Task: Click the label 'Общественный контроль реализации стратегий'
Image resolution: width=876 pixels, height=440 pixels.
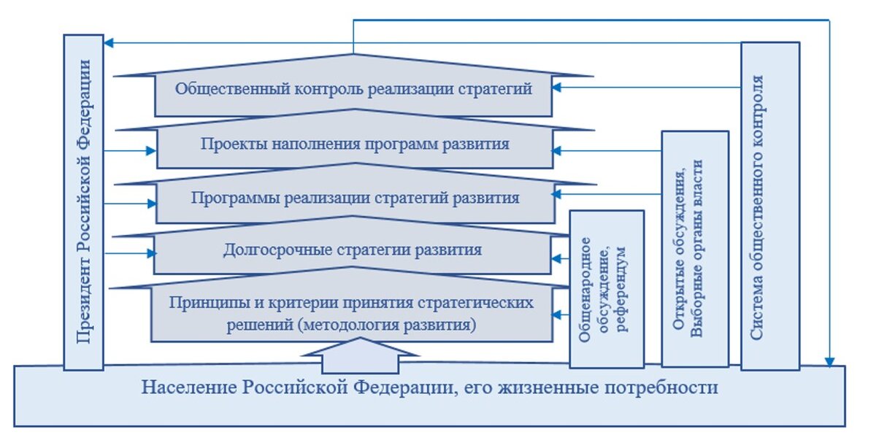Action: tap(353, 89)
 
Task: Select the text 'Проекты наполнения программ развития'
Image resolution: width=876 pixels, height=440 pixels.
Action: tap(355, 144)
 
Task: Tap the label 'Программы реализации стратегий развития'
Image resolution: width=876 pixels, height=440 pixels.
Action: tap(355, 198)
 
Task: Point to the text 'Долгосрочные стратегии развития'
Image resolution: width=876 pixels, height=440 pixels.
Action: tap(353, 250)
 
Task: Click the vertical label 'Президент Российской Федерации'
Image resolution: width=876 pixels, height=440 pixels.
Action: tap(83, 201)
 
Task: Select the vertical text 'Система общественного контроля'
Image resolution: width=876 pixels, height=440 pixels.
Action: tap(757, 207)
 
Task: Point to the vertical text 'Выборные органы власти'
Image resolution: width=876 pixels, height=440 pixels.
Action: tap(696, 248)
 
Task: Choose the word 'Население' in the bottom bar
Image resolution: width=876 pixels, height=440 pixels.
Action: tap(189, 387)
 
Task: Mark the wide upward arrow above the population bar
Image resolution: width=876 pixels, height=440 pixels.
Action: tap(361, 355)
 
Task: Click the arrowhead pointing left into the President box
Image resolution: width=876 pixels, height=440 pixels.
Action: tap(108, 42)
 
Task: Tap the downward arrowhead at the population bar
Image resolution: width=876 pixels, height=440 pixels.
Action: tap(829, 362)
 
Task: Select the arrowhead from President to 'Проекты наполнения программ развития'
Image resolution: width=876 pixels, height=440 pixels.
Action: tap(151, 150)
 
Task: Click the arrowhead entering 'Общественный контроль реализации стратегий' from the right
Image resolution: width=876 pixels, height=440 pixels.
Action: tap(556, 88)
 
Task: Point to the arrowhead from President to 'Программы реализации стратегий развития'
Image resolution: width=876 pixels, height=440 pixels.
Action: tap(152, 204)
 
